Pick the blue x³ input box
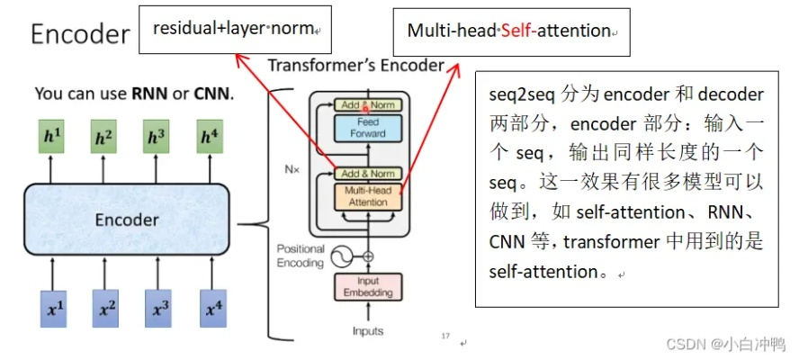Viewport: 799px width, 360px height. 160,310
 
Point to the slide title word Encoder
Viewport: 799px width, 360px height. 81,34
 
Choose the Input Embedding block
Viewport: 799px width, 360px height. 369,287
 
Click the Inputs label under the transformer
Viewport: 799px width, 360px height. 369,330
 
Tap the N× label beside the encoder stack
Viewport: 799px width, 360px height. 292,168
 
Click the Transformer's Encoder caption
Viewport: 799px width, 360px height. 355,66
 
